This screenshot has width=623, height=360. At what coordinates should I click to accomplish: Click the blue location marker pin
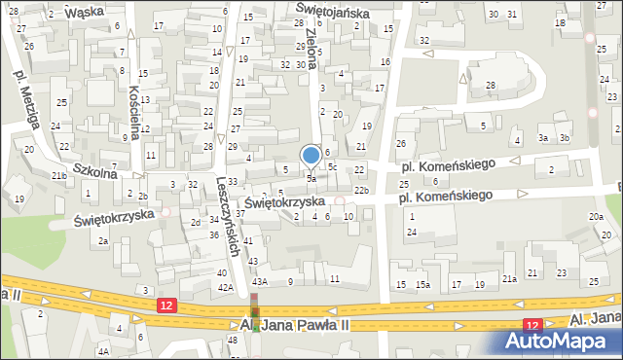(311, 156)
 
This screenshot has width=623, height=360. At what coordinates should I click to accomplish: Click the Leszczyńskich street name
(230, 217)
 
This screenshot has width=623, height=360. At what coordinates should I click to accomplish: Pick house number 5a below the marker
(311, 179)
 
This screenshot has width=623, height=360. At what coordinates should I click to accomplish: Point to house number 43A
(260, 281)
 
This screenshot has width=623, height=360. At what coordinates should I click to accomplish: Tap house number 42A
(224, 288)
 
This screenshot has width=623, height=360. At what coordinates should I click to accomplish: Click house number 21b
(60, 175)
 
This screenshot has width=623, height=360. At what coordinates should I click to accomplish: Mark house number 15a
(422, 284)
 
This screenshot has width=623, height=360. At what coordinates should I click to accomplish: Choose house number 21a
(508, 279)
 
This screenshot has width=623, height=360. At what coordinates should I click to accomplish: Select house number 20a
(595, 216)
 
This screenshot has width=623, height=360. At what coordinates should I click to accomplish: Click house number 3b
(564, 138)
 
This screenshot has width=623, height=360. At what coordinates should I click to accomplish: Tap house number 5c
(332, 166)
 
